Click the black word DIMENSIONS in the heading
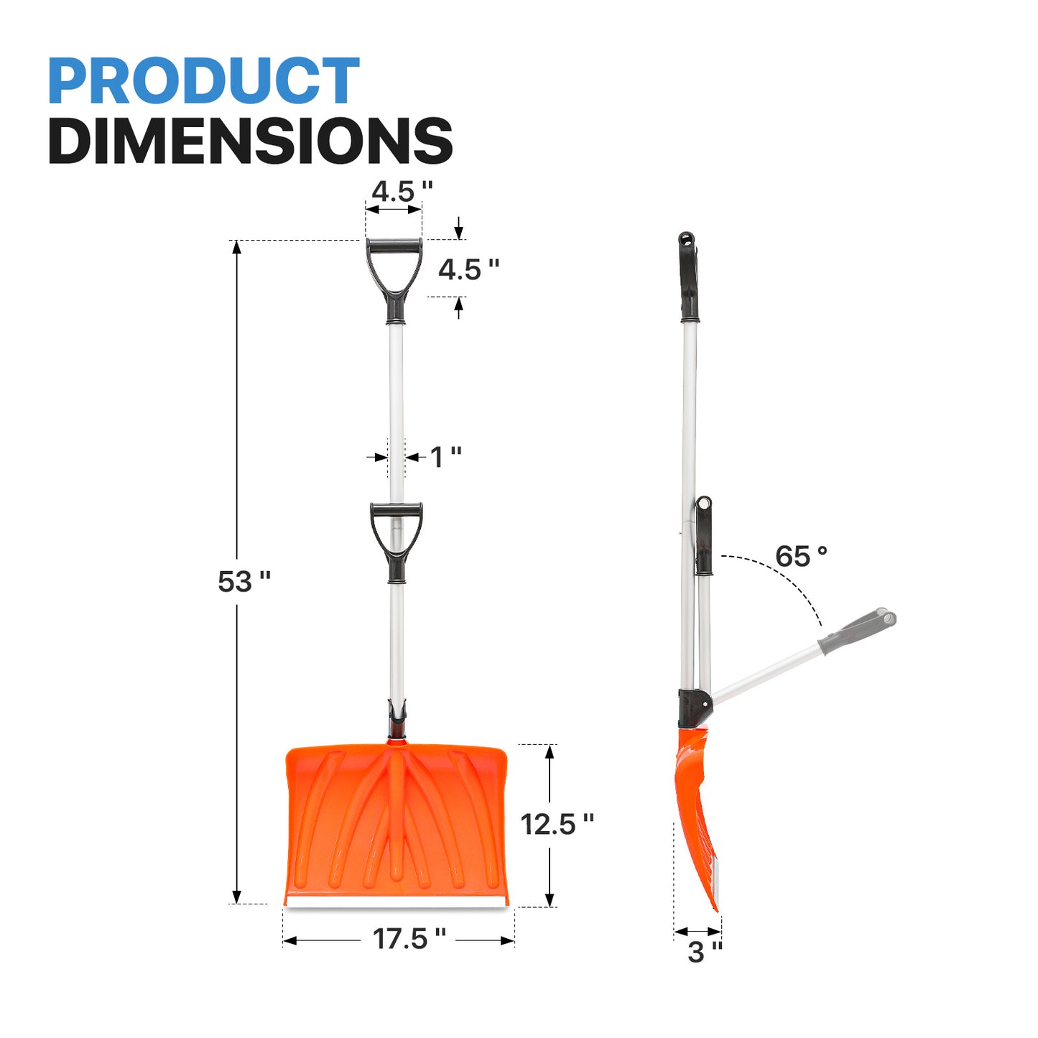[x=251, y=140]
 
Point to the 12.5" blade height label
[x=557, y=824]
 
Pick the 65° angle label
[x=801, y=556]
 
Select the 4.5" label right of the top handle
[x=468, y=269]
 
